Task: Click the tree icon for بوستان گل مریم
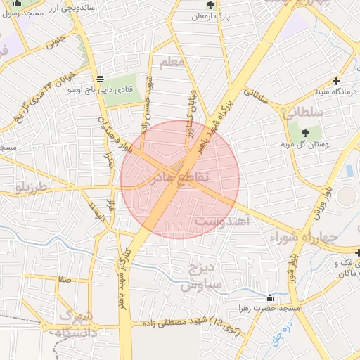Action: [x=304, y=132]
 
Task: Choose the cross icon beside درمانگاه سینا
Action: [x=337, y=82]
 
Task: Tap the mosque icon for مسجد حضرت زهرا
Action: [x=270, y=297]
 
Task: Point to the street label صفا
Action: [x=66, y=280]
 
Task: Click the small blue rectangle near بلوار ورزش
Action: [x=349, y=171]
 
